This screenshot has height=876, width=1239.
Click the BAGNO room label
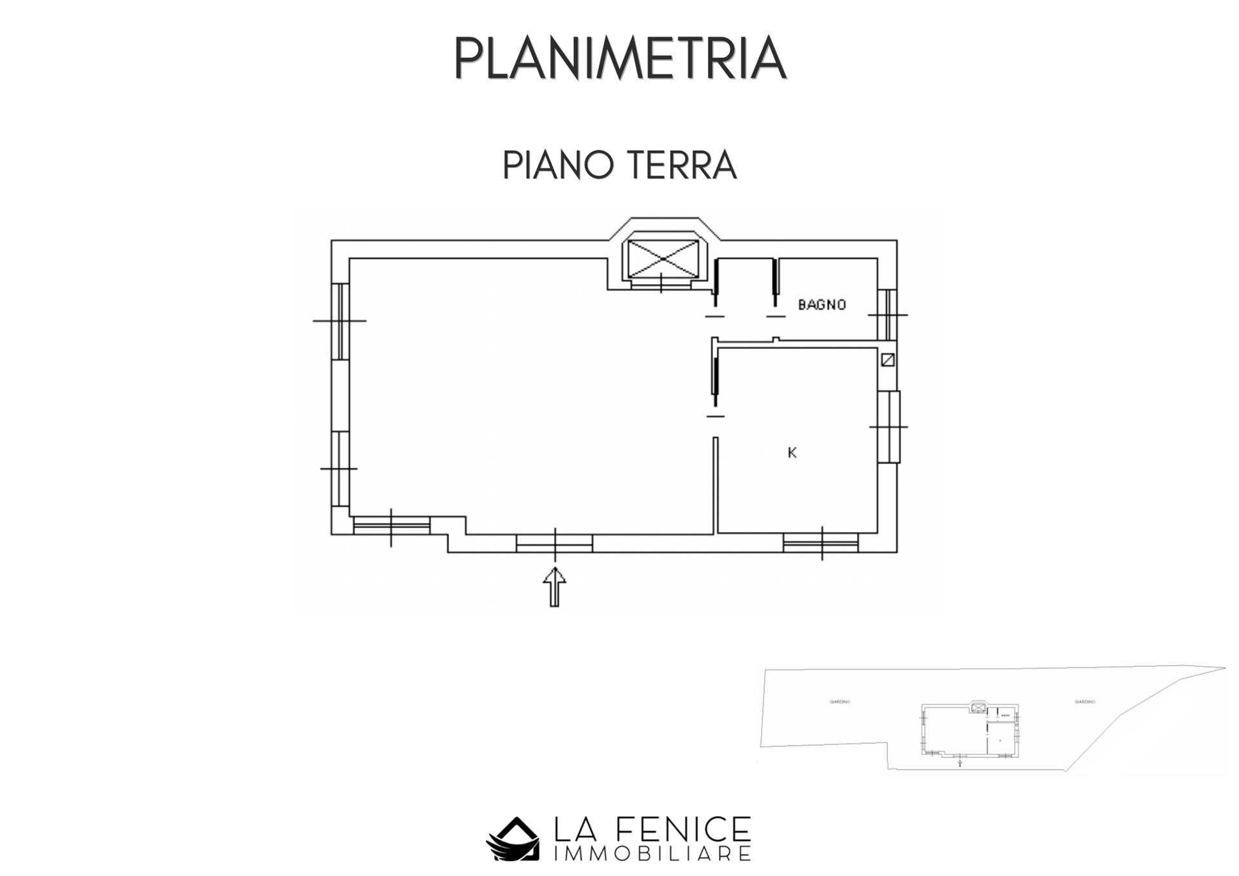click(x=821, y=305)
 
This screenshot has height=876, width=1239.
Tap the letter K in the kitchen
click(x=792, y=453)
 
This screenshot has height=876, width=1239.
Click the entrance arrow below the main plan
click(x=554, y=587)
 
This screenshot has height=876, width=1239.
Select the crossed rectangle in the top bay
click(x=663, y=259)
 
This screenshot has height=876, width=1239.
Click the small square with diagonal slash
click(x=888, y=360)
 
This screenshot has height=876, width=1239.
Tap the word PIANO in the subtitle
click(x=558, y=165)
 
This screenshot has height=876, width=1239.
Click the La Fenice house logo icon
click(x=512, y=839)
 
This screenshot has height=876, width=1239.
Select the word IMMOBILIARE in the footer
click(x=652, y=854)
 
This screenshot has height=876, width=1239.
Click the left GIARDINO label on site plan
click(x=840, y=702)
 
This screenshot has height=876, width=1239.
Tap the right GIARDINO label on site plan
click(x=1085, y=702)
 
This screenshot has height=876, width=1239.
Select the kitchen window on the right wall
click(x=889, y=427)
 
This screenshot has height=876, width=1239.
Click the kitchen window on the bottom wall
click(x=821, y=542)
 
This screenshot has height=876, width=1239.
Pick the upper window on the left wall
click(x=340, y=321)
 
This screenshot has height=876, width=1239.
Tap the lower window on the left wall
click(x=340, y=469)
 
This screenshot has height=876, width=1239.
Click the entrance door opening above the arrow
click(x=554, y=544)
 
